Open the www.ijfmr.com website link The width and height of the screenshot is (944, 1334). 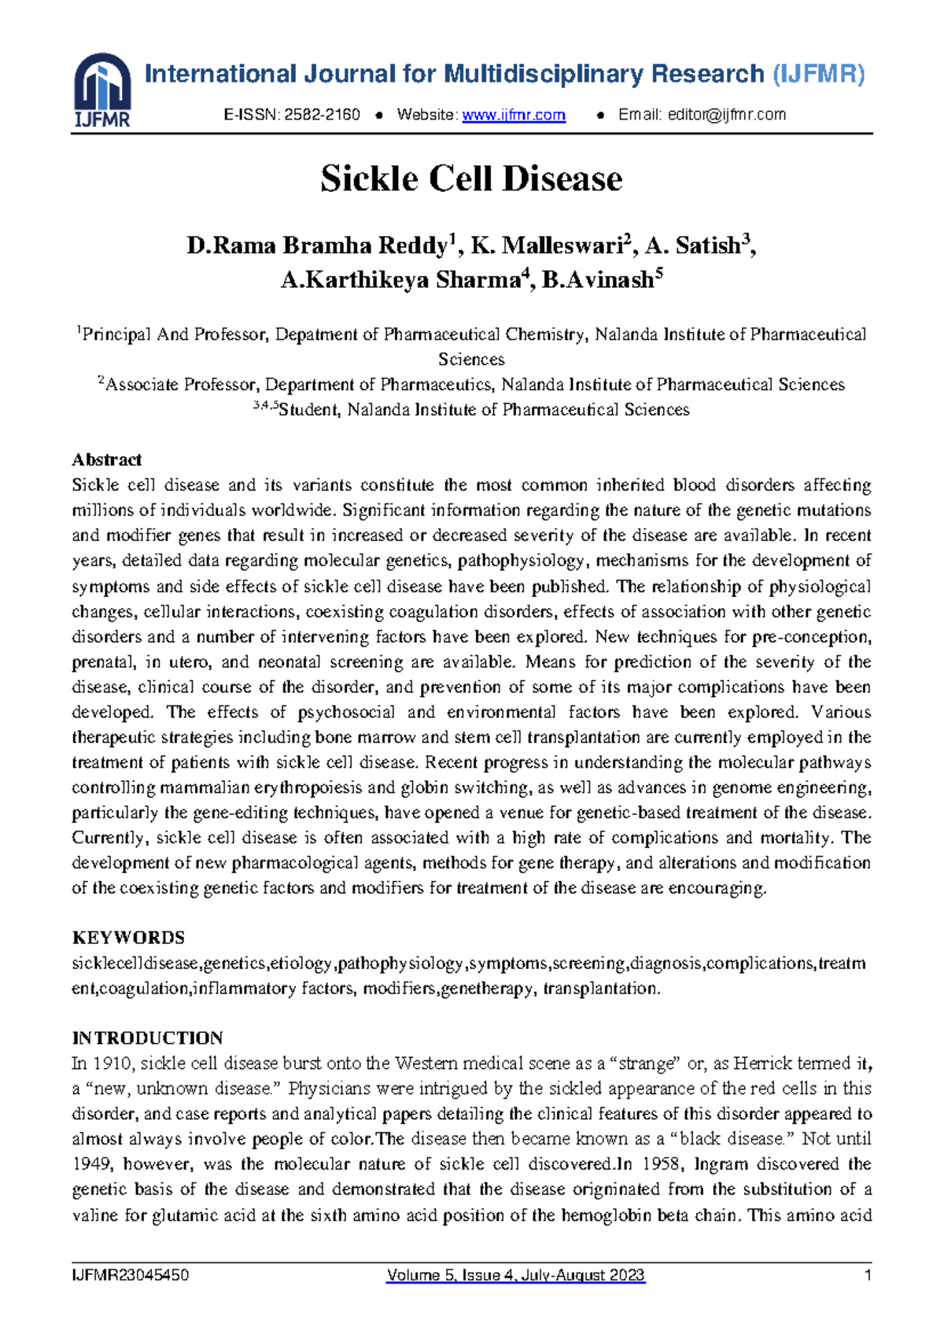pos(514,115)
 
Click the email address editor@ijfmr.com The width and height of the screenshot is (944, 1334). pos(727,115)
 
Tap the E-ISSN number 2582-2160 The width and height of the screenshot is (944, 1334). pos(322,115)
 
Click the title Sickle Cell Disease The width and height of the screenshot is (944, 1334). pos(471,179)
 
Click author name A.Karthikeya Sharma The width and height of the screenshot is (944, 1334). pos(400,280)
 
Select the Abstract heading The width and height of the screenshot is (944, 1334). pos(106,459)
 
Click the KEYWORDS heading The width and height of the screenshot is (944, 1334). pos(128,938)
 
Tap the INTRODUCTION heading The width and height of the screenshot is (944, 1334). pos(147,1037)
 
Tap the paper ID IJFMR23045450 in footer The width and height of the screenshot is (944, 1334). pos(130,1276)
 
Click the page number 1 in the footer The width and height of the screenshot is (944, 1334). pos(868,1276)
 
